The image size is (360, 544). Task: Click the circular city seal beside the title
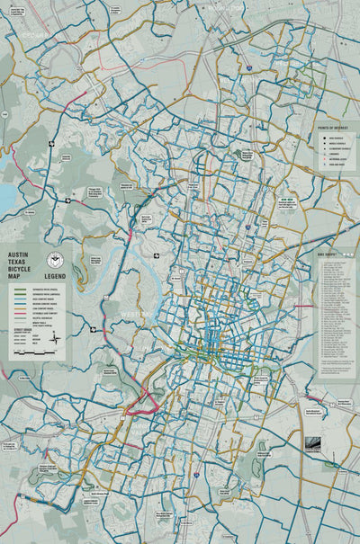55,261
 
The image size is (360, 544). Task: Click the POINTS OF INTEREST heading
334,129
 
